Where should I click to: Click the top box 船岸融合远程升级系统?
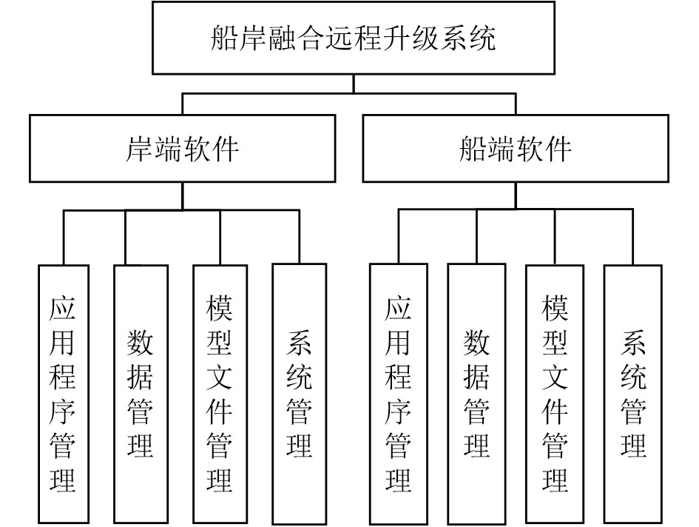click(354, 37)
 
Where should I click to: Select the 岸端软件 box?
click(182, 148)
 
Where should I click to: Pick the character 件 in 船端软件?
click(558, 149)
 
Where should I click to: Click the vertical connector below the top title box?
click(354, 83)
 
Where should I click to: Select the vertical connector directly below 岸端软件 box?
click(182, 196)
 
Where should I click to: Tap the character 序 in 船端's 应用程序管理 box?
click(399, 412)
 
